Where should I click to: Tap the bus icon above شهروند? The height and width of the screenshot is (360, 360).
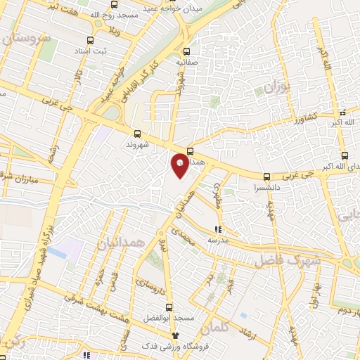pos(136,134)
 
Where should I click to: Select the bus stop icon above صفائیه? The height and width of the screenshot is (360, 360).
pos(187,51)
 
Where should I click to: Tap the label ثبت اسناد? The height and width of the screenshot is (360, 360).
pos(89,53)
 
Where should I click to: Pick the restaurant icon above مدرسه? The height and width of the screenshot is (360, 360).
pos(218,229)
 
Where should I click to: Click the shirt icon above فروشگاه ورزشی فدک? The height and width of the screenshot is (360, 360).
pos(167,336)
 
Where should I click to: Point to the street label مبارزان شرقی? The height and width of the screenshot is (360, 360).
pos(22,173)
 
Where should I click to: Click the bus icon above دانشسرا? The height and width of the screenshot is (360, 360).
pos(266,177)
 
